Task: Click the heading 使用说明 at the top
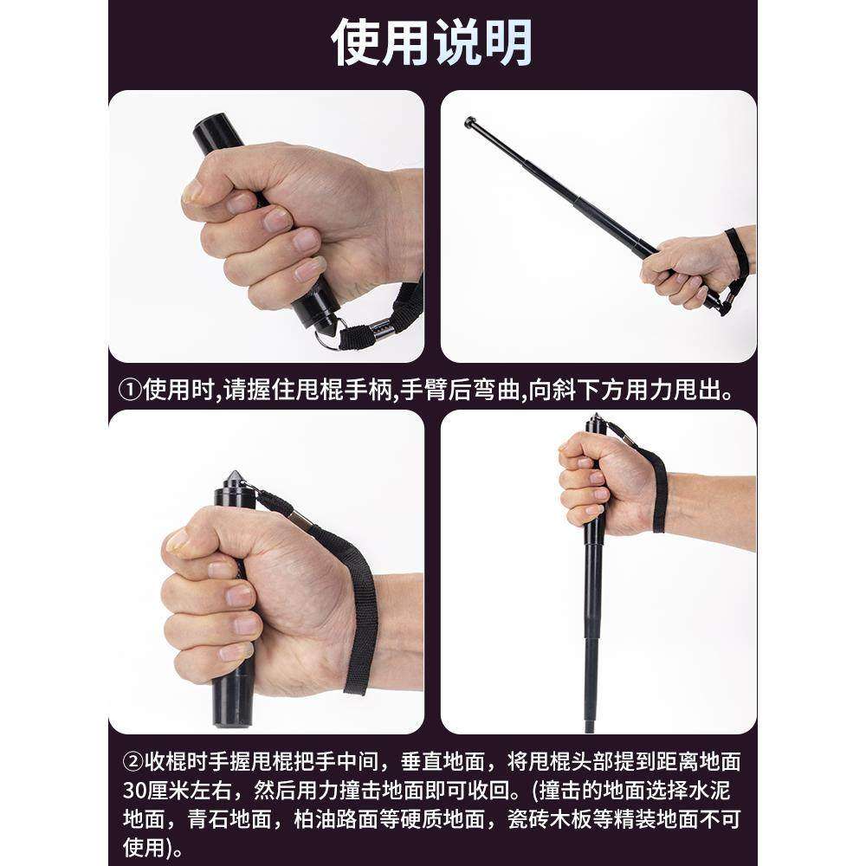[x=432, y=42]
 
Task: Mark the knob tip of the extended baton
[x=470, y=122]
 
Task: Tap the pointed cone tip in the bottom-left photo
[x=233, y=477]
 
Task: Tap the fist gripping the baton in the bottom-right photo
[x=598, y=476]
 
